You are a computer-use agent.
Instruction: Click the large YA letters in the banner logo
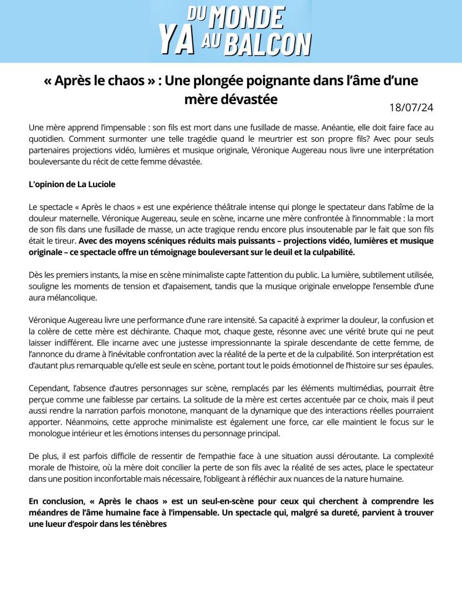pyautogui.click(x=176, y=40)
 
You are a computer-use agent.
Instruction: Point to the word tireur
pyautogui.click(x=63, y=241)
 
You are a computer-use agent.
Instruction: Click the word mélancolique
pyautogui.click(x=70, y=298)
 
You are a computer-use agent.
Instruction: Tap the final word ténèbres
pyautogui.click(x=148, y=524)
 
